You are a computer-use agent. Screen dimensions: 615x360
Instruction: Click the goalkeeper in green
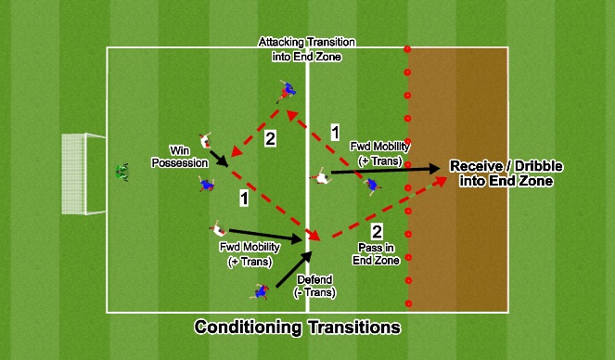(122, 172)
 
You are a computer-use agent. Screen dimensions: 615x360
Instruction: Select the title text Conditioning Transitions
(297, 328)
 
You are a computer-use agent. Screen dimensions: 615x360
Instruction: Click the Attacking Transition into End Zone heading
(307, 49)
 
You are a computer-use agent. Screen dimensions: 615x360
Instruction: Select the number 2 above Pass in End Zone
(377, 231)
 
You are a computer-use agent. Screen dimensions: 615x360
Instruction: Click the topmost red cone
(407, 48)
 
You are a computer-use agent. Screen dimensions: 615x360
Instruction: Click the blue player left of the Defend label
(261, 291)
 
